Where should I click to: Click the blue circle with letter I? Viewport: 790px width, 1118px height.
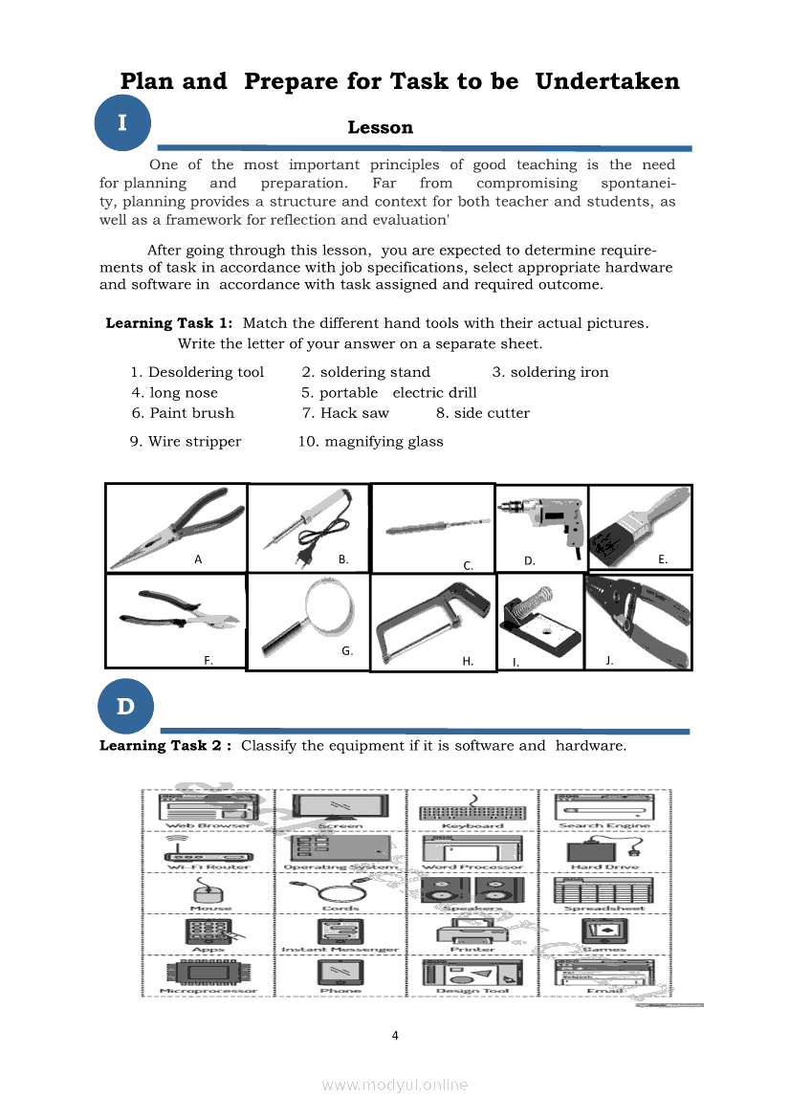click(x=124, y=123)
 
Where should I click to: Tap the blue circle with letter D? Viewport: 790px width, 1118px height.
click(x=124, y=707)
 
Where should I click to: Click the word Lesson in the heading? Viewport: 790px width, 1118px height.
click(x=380, y=127)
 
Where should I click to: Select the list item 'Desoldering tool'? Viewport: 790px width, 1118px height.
click(x=197, y=372)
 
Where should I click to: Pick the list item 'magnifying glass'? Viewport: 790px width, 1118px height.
click(x=371, y=441)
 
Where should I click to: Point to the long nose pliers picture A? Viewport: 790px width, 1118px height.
click(x=175, y=526)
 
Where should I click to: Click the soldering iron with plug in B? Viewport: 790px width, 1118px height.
click(x=308, y=526)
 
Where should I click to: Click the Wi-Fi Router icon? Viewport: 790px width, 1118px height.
click(x=210, y=849)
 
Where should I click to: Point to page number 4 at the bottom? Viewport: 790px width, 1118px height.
click(x=395, y=1035)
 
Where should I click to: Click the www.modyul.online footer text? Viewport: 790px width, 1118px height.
click(x=395, y=1085)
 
